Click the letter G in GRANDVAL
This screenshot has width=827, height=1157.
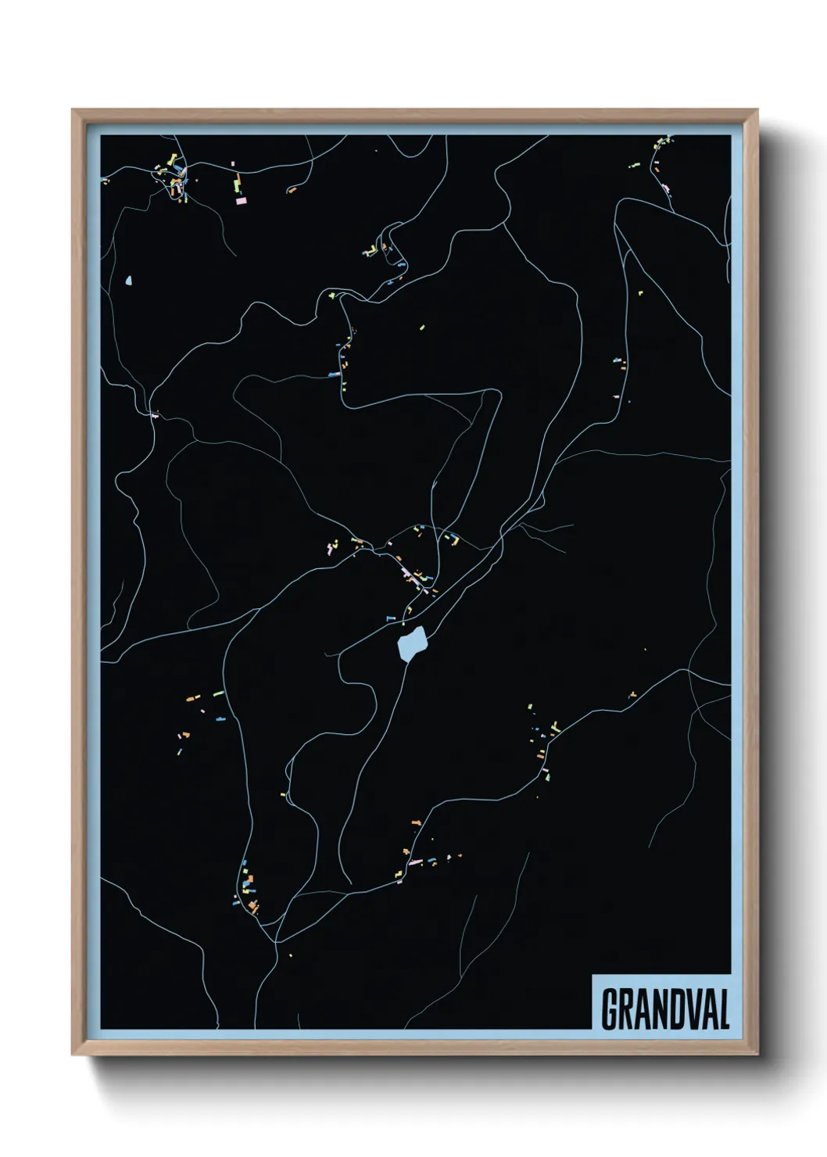coord(608,1009)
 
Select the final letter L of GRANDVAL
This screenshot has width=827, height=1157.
coord(724,1009)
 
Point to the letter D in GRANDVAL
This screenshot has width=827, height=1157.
coord(669,1009)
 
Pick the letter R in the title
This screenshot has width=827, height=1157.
coord(624,1009)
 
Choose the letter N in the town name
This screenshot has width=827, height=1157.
coord(653,1009)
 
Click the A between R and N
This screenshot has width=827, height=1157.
coord(639,1009)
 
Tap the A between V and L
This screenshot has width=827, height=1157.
coord(706,1009)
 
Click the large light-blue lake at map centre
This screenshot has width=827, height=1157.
coord(411,645)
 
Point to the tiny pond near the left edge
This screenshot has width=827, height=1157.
coord(127,279)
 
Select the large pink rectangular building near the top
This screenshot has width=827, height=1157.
coord(242,201)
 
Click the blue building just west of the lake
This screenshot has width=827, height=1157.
coord(392,618)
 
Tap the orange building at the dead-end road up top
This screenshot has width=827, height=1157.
coord(292,189)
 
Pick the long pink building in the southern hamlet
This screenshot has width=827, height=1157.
coord(415,862)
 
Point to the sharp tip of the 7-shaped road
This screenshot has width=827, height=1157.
coord(497,393)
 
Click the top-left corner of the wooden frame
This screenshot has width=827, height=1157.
coord(73,110)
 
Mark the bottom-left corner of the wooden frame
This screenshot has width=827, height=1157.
coord(73,1055)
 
